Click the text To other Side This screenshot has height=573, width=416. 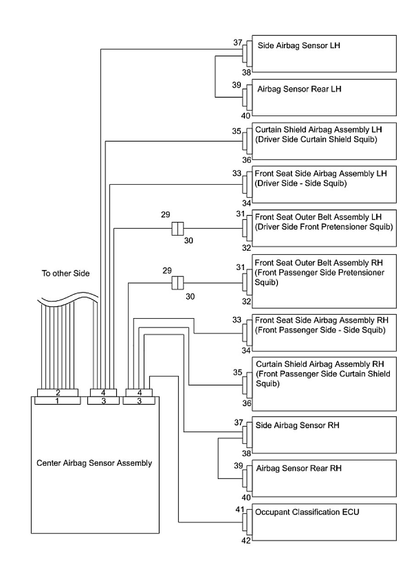(x=66, y=273)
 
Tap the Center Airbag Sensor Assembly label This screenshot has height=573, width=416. (x=94, y=463)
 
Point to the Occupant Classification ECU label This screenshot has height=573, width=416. (x=307, y=512)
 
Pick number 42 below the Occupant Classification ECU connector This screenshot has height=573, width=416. (x=247, y=541)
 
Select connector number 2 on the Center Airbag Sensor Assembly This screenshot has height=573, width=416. (x=58, y=392)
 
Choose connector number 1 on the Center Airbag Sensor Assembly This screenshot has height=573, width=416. (x=58, y=401)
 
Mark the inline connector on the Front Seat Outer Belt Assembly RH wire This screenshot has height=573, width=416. (x=177, y=283)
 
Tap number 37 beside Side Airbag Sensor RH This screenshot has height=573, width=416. (x=238, y=422)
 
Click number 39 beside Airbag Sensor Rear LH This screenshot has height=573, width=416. (x=237, y=85)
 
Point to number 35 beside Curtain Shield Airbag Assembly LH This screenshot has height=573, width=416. (x=237, y=132)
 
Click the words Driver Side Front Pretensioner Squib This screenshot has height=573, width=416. (x=323, y=227)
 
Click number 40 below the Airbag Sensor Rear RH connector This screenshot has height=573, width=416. (x=247, y=497)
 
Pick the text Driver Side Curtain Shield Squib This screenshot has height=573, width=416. (x=316, y=139)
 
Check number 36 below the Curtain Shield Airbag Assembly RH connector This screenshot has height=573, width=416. (x=247, y=403)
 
